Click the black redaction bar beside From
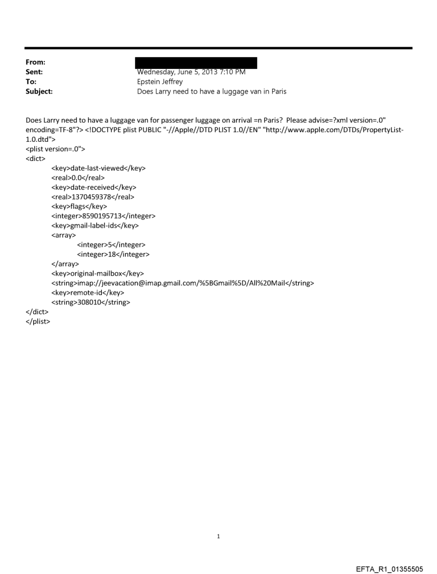pyautogui.click(x=197, y=63)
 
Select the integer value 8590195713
pyautogui.click(x=105, y=216)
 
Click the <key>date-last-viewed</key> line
pyautogui.click(x=98, y=168)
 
